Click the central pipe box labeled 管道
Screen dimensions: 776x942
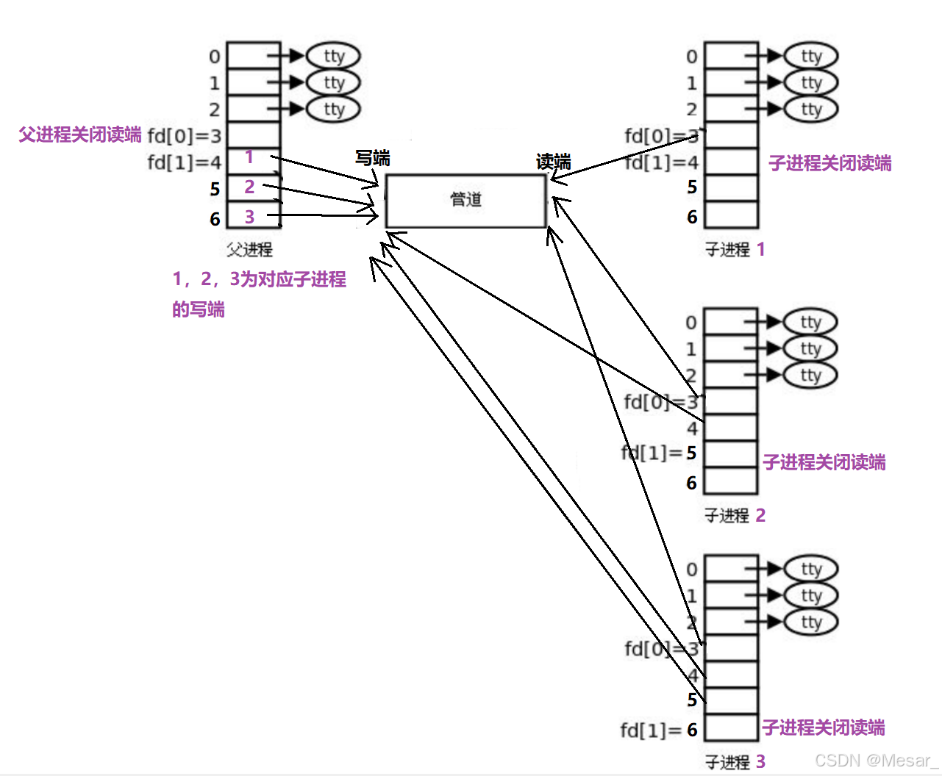click(x=465, y=201)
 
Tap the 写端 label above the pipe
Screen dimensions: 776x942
click(x=372, y=158)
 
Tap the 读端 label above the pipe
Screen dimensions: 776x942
click(x=553, y=162)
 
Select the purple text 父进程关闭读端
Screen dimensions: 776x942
click(x=79, y=134)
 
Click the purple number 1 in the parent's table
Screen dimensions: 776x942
click(x=249, y=157)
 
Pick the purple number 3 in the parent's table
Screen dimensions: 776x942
click(x=249, y=217)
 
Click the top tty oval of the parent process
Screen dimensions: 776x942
click(x=333, y=56)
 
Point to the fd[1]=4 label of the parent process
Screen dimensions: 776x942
click(x=184, y=162)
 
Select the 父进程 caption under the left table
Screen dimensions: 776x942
click(x=249, y=250)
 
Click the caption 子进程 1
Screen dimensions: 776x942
click(x=735, y=250)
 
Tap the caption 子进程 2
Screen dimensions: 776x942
click(x=735, y=516)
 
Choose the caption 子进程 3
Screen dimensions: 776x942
click(x=735, y=762)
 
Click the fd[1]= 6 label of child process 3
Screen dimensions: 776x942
click(x=659, y=730)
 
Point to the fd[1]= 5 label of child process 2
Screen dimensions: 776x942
click(x=659, y=453)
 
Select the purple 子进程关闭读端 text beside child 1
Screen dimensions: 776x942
click(x=829, y=163)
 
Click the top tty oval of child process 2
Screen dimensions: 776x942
click(x=810, y=322)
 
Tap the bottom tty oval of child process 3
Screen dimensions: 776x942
click(x=810, y=622)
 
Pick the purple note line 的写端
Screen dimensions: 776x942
click(x=199, y=309)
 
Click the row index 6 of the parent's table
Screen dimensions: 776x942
click(x=215, y=219)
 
